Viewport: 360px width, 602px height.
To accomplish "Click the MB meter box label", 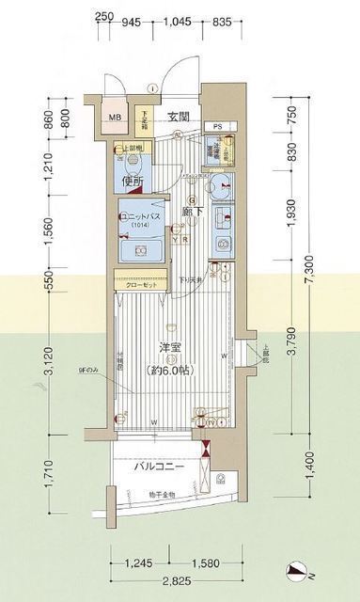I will (115, 119).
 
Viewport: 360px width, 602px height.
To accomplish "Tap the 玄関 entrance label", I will (180, 117).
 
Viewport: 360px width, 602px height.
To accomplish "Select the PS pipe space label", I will (217, 126).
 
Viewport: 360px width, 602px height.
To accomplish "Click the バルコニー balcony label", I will (158, 467).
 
